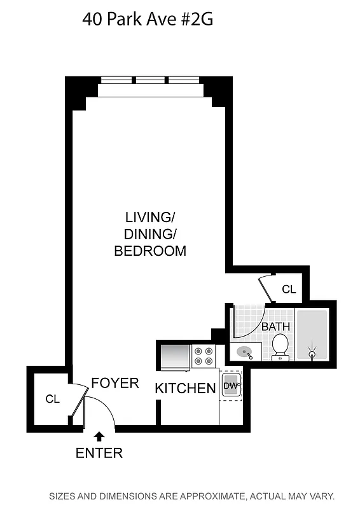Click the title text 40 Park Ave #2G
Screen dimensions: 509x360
(147, 20)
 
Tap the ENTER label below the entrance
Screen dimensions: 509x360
(99, 454)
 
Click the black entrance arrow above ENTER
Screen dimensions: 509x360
(99, 436)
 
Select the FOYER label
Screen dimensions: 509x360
(114, 383)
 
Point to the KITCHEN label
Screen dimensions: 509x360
(186, 388)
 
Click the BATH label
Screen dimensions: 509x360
(275, 326)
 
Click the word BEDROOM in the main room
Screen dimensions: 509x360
(150, 251)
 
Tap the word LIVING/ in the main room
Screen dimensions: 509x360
(150, 216)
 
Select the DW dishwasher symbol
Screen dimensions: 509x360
(230, 386)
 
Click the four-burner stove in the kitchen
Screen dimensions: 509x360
(204, 356)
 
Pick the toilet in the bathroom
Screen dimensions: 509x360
(280, 347)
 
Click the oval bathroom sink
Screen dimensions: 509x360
(245, 351)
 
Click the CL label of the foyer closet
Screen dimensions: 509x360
(52, 400)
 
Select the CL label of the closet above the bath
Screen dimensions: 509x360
(289, 289)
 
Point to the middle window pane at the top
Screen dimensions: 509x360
(151, 81)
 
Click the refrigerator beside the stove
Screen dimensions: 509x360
(176, 357)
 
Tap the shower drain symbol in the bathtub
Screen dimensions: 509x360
(312, 353)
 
